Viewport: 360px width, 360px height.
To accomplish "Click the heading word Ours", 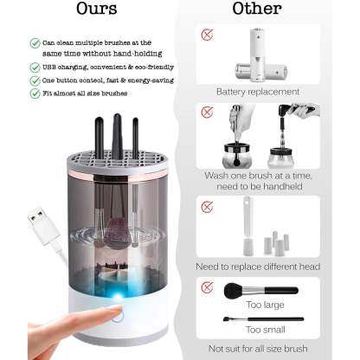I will pyautogui.click(x=96, y=10).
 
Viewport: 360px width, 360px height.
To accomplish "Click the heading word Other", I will pyautogui.click(x=257, y=10).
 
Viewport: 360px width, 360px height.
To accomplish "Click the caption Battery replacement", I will pyautogui.click(x=258, y=91).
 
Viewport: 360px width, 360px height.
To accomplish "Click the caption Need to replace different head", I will pyautogui.click(x=258, y=265).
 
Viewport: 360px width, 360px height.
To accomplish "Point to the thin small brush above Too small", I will pyautogui.click(x=260, y=318).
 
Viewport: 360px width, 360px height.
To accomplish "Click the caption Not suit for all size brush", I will pyautogui.click(x=258, y=349).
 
